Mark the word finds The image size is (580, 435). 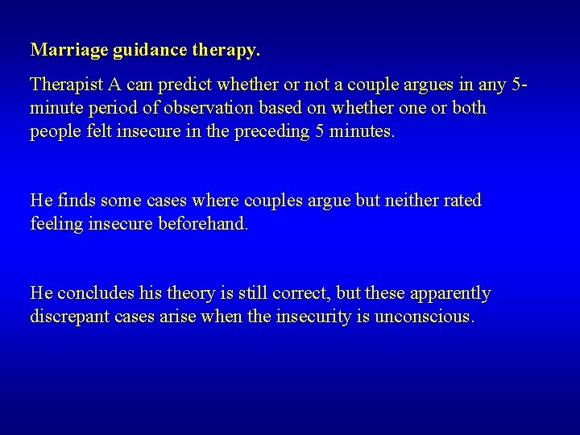pos(74,200)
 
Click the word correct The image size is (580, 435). pos(296,292)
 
